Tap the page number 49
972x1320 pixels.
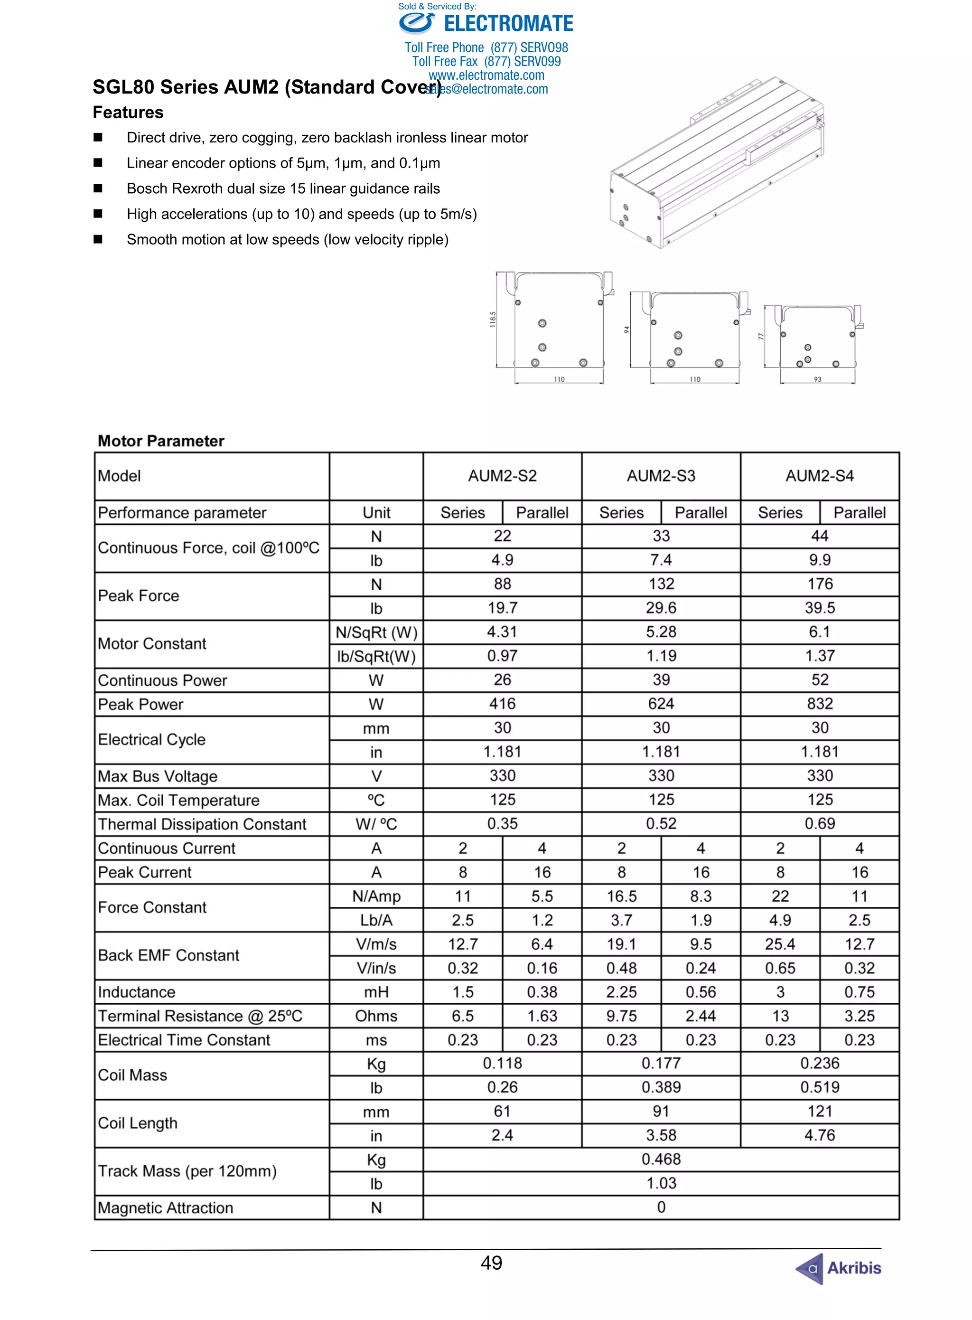(x=491, y=1263)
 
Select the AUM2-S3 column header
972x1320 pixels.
(x=661, y=476)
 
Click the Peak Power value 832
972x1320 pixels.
(x=820, y=704)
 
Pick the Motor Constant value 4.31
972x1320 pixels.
(x=502, y=632)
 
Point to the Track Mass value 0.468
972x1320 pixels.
(x=661, y=1160)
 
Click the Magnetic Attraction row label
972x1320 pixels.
(x=165, y=1207)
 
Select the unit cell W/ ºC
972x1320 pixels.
(x=376, y=824)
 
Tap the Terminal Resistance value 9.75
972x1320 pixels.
(x=621, y=1016)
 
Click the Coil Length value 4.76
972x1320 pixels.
(x=820, y=1135)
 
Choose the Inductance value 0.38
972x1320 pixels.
(x=542, y=992)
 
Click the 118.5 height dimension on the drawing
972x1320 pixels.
(x=493, y=320)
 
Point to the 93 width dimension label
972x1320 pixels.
(x=817, y=379)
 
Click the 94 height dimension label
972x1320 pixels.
(x=626, y=330)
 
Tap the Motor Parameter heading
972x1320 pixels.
(x=160, y=441)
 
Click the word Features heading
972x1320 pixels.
(x=128, y=113)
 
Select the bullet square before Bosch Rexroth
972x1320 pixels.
(x=98, y=189)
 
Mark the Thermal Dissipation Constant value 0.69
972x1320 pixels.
(x=820, y=824)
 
